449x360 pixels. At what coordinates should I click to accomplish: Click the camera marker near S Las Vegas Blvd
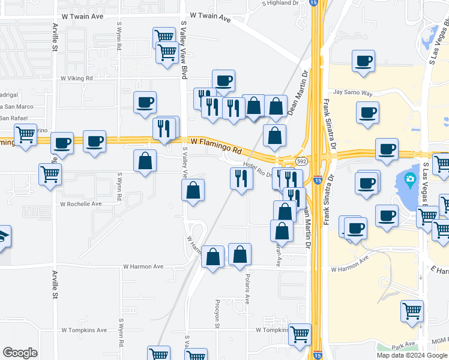tap(410, 178)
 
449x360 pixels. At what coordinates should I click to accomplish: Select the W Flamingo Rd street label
tap(216, 144)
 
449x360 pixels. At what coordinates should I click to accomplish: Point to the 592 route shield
tap(301, 161)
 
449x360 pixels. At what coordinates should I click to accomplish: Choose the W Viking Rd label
tap(76, 78)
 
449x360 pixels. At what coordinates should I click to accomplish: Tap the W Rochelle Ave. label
tap(81, 204)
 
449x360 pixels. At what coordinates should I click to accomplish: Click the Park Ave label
tap(403, 346)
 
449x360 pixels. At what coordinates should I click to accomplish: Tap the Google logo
tap(20, 353)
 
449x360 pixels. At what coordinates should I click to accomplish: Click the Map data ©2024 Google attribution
tap(412, 355)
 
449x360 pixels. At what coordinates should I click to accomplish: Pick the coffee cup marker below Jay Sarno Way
tap(367, 112)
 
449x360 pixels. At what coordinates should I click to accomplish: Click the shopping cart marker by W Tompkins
tap(300, 334)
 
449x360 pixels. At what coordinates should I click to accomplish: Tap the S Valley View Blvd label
tap(184, 51)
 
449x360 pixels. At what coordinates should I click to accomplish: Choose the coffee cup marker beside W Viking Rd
tap(223, 80)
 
